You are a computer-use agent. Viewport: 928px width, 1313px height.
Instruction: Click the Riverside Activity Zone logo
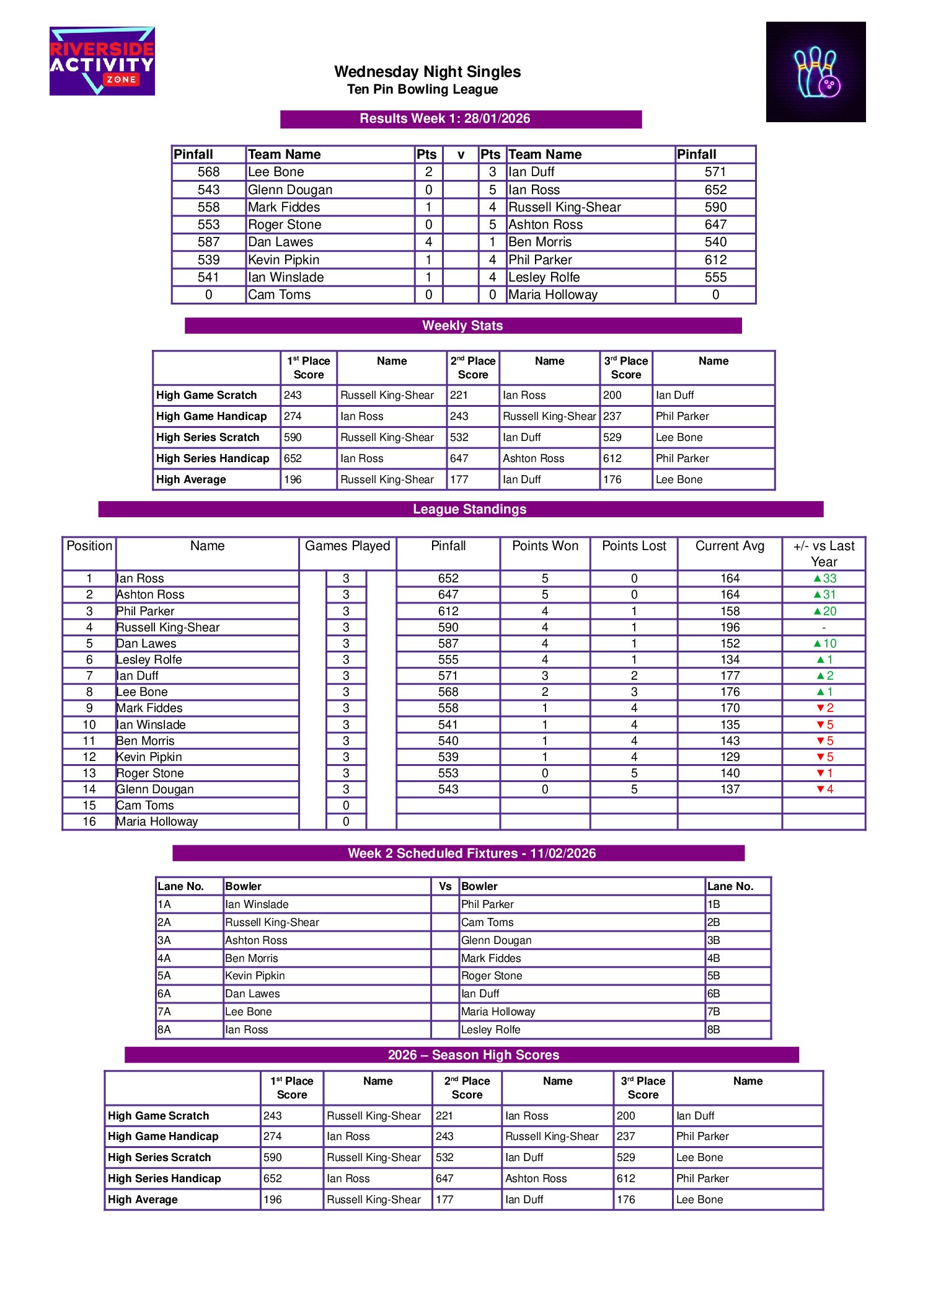(x=102, y=61)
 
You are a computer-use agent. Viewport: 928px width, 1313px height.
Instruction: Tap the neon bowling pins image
(x=815, y=72)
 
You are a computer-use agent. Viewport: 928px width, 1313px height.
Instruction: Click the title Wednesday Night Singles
(x=427, y=72)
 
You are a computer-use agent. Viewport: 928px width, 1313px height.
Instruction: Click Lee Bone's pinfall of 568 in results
(x=208, y=172)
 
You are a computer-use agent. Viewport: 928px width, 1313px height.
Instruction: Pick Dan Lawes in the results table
(x=281, y=242)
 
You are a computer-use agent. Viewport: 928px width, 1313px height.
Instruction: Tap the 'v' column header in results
(x=461, y=154)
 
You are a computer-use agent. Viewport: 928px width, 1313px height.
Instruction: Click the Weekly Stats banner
(x=462, y=326)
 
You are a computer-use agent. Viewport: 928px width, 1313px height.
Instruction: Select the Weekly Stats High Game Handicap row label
(x=211, y=416)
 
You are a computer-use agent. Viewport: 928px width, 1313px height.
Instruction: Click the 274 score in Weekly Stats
(x=293, y=416)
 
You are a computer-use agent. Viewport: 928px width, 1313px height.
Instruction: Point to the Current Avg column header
(x=730, y=546)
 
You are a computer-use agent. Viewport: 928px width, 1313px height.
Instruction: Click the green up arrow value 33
(x=824, y=578)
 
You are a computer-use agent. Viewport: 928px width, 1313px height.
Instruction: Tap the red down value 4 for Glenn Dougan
(x=824, y=789)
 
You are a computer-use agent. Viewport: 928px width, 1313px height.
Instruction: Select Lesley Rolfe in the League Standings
(x=149, y=659)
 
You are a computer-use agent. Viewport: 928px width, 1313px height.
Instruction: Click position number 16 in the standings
(x=89, y=821)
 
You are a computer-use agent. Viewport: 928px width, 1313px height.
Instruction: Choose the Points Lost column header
(x=634, y=546)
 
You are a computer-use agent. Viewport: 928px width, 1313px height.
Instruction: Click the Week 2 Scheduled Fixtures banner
(x=471, y=853)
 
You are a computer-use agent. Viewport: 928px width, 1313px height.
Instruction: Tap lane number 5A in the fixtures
(x=164, y=976)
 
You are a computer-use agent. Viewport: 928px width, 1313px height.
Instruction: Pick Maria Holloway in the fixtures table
(x=498, y=1012)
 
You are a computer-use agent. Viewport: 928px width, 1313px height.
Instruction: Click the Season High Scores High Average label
(x=143, y=1200)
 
